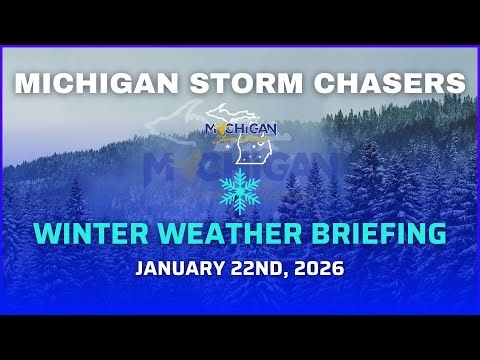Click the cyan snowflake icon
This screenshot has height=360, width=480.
[x=241, y=190]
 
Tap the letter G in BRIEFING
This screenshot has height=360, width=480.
[x=433, y=234]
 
